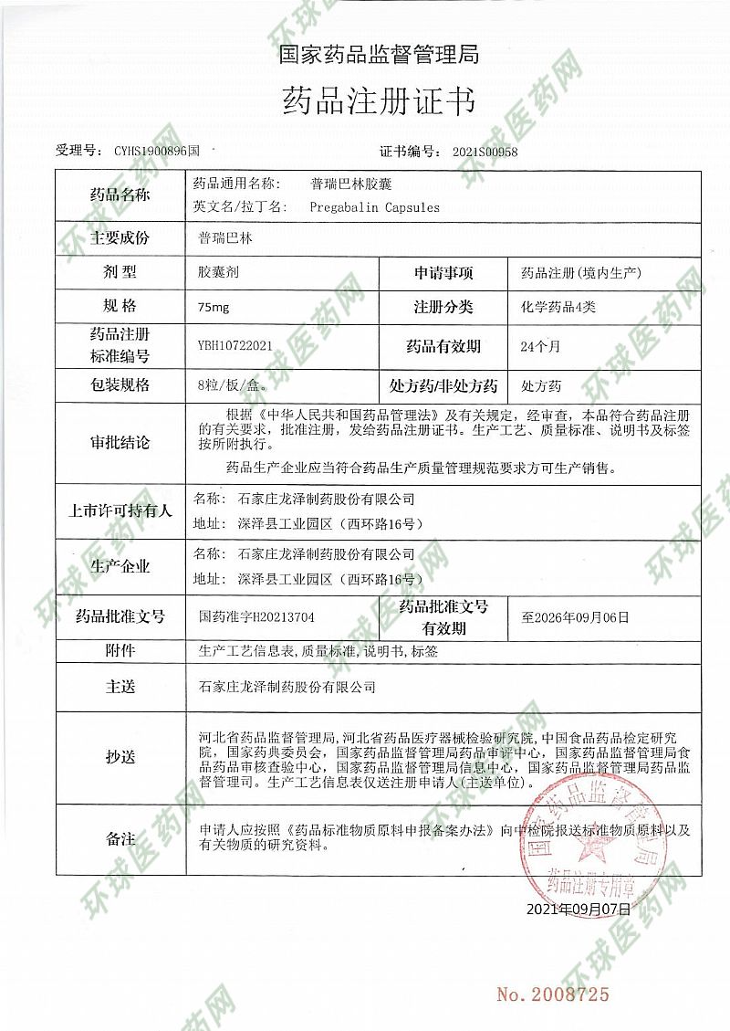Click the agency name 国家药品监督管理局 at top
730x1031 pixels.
point(379,55)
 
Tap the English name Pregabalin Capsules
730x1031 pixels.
point(374,207)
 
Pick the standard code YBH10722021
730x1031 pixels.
point(235,346)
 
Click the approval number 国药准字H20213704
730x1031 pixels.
point(256,617)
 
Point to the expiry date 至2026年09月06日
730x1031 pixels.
point(575,617)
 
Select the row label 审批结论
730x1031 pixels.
point(120,443)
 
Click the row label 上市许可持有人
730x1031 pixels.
point(120,511)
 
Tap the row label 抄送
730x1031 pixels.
point(120,757)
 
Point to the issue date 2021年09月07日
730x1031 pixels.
point(579,910)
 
